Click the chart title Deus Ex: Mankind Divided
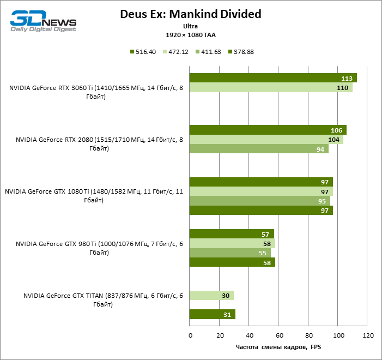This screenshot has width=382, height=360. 190,14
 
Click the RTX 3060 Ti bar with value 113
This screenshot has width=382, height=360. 272,77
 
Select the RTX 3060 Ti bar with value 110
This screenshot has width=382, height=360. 270,87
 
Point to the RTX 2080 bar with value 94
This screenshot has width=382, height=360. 258,149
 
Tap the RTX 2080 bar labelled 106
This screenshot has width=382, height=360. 268,130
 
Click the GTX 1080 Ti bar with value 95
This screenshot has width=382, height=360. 259,201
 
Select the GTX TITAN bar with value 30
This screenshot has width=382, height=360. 211,295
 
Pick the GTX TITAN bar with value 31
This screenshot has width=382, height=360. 212,314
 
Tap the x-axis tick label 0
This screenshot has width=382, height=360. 190,334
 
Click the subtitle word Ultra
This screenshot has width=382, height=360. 190,26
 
